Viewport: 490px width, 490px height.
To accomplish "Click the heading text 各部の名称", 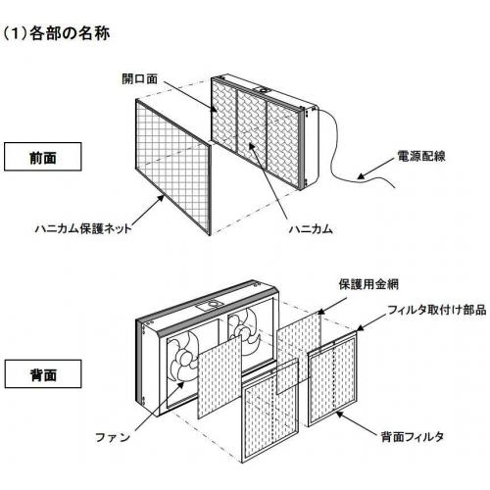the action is point(70,33).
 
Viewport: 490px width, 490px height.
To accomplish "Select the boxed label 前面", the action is point(43,157).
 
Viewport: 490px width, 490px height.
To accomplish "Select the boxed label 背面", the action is point(43,374).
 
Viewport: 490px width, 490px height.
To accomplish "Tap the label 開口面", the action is point(140,78).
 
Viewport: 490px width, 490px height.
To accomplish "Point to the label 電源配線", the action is point(421,156).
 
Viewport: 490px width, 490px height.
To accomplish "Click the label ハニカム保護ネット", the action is point(83,228).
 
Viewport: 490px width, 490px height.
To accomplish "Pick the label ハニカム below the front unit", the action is point(311,228).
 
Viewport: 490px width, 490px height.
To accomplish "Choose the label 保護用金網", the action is point(368,284).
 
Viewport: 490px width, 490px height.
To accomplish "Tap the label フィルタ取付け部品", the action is point(437,310).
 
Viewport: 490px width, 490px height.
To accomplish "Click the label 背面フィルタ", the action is point(413,437).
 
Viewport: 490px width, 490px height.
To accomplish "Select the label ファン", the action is point(113,437).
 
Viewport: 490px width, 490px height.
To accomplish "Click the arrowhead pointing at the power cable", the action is point(361,176).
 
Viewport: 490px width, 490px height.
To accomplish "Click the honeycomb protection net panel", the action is point(173,168).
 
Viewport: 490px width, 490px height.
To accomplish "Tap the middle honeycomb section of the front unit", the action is point(252,124).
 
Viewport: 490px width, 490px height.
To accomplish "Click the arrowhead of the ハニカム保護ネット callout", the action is point(161,198).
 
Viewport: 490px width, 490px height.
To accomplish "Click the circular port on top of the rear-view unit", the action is point(214,305).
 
